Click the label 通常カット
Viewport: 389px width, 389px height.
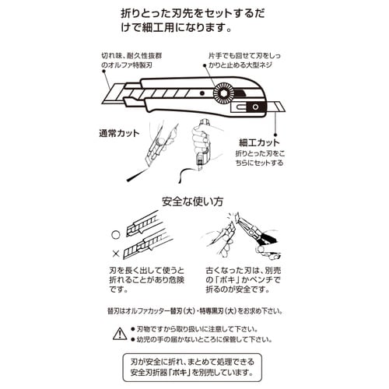[120, 133]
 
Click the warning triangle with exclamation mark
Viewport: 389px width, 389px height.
[118, 334]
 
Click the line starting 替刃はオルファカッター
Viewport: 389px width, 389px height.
[194, 309]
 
